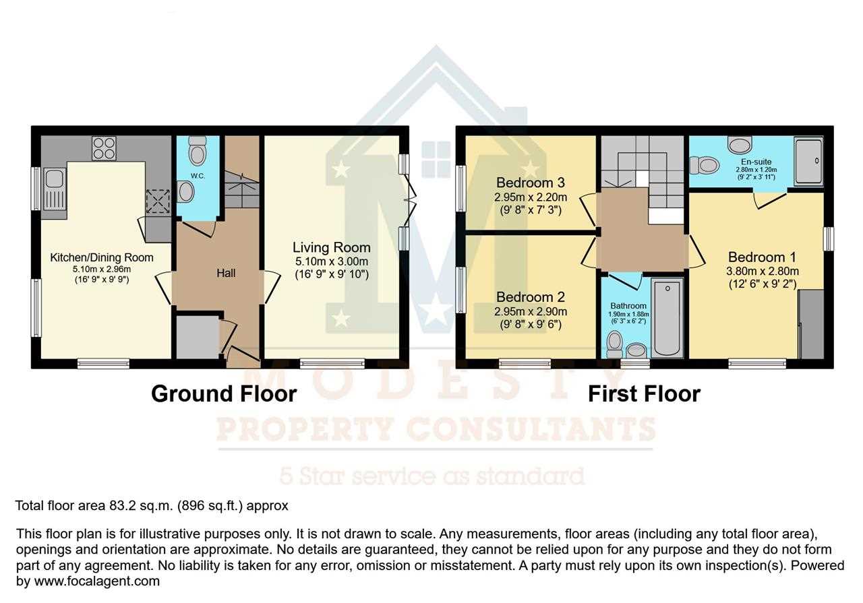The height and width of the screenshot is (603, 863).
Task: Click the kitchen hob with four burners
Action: [104, 148]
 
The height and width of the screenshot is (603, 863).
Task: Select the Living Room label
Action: [331, 247]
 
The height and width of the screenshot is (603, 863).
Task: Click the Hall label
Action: [226, 274]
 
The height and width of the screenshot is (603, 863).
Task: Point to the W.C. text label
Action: [198, 176]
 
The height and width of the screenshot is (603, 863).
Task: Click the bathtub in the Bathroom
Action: [667, 318]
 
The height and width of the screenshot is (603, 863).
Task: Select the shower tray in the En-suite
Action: [808, 162]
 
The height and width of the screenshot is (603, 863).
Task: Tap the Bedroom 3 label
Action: [530, 183]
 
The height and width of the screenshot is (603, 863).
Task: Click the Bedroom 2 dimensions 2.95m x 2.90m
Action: [530, 311]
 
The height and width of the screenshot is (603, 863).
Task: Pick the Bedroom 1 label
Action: [762, 257]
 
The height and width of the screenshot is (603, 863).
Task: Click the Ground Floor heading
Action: [224, 394]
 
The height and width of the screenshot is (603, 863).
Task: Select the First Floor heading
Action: [644, 394]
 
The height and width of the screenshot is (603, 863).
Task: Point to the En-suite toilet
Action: [705, 166]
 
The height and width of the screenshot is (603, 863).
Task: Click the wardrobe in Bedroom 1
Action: [810, 324]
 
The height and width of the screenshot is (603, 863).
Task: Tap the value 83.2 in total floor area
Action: [123, 505]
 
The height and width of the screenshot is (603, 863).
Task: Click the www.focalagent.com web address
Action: [96, 581]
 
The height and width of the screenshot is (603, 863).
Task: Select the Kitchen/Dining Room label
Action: [102, 257]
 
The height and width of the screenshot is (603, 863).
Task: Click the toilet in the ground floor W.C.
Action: [198, 152]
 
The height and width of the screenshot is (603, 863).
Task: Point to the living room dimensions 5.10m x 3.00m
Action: [331, 261]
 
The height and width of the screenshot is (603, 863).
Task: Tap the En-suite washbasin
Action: [740, 144]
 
